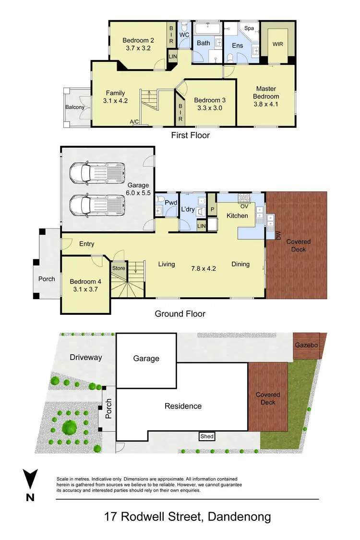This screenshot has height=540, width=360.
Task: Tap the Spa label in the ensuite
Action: point(249,28)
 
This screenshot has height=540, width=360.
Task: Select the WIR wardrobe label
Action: point(277,44)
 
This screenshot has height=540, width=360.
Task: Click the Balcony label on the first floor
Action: point(75,107)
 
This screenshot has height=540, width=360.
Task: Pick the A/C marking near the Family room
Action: point(134,122)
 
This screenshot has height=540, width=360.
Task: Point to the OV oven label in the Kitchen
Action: point(244,206)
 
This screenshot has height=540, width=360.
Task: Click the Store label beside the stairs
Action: point(118,268)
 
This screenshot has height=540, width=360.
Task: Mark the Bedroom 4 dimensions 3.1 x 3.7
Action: point(84,289)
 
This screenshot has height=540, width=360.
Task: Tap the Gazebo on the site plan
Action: point(307,345)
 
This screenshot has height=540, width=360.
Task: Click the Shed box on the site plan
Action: point(207,436)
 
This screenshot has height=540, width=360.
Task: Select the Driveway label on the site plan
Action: point(86,357)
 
